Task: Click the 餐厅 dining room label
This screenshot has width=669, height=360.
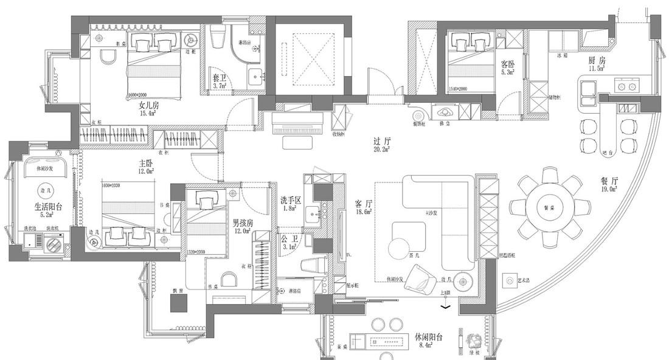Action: coord(609,181)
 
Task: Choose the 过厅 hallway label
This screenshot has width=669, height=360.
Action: coord(381,141)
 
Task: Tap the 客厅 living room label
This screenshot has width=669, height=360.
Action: coord(362,205)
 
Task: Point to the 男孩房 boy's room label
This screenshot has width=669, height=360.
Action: coord(243,223)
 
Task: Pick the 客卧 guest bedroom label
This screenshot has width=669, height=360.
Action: coord(507,63)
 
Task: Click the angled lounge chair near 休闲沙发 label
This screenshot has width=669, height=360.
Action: coord(419,279)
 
